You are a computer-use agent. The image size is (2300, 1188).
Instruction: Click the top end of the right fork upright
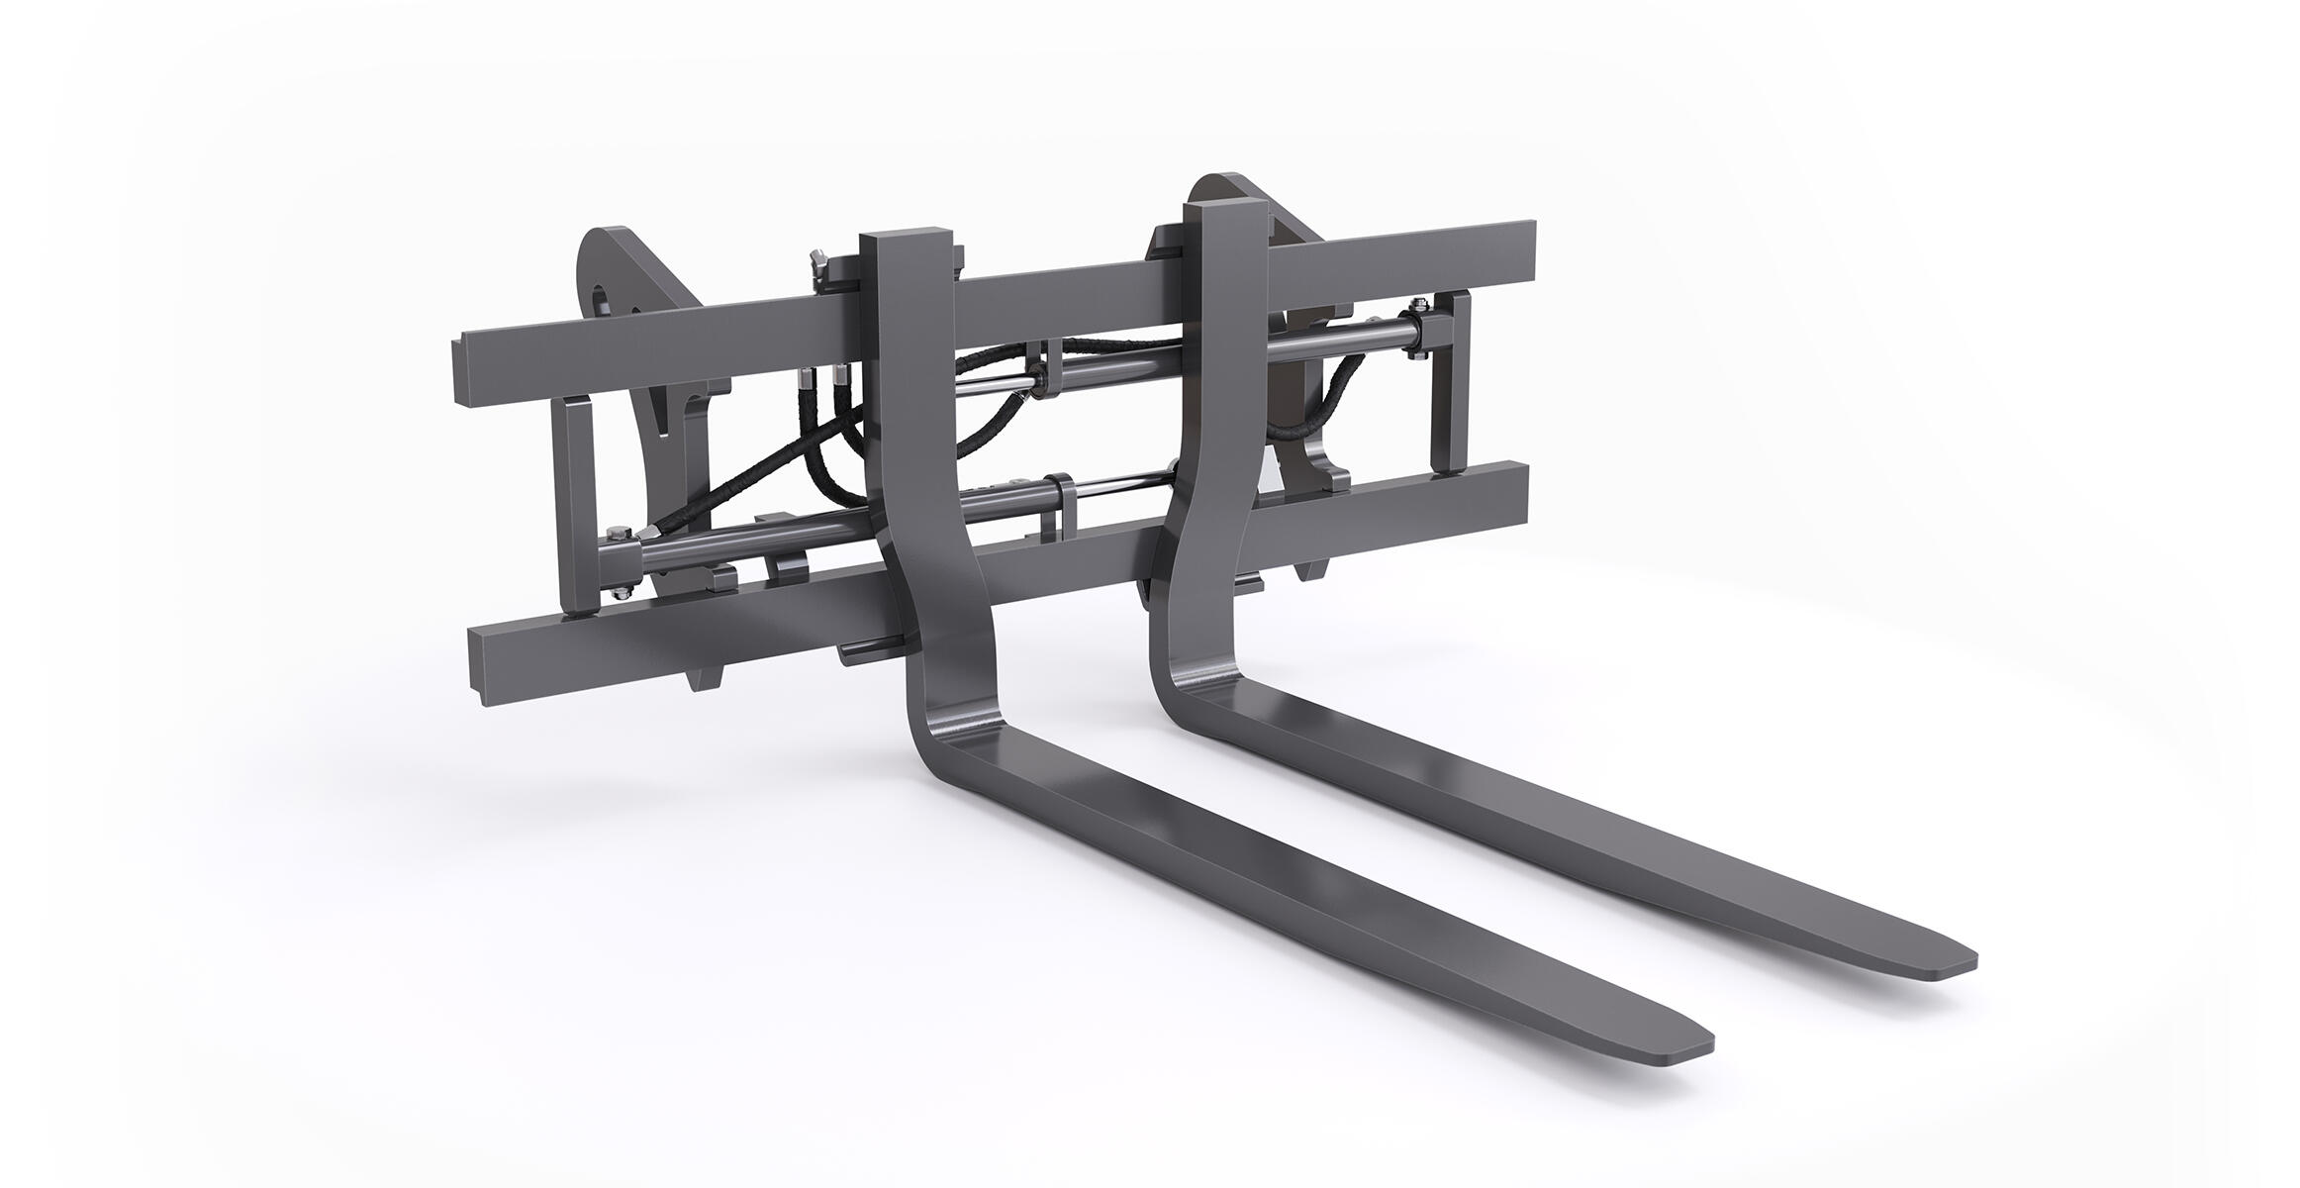click(x=1225, y=211)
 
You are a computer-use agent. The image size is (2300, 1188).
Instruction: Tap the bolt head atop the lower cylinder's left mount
click(x=620, y=536)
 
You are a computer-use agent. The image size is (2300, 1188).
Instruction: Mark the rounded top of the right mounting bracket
click(x=1217, y=188)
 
